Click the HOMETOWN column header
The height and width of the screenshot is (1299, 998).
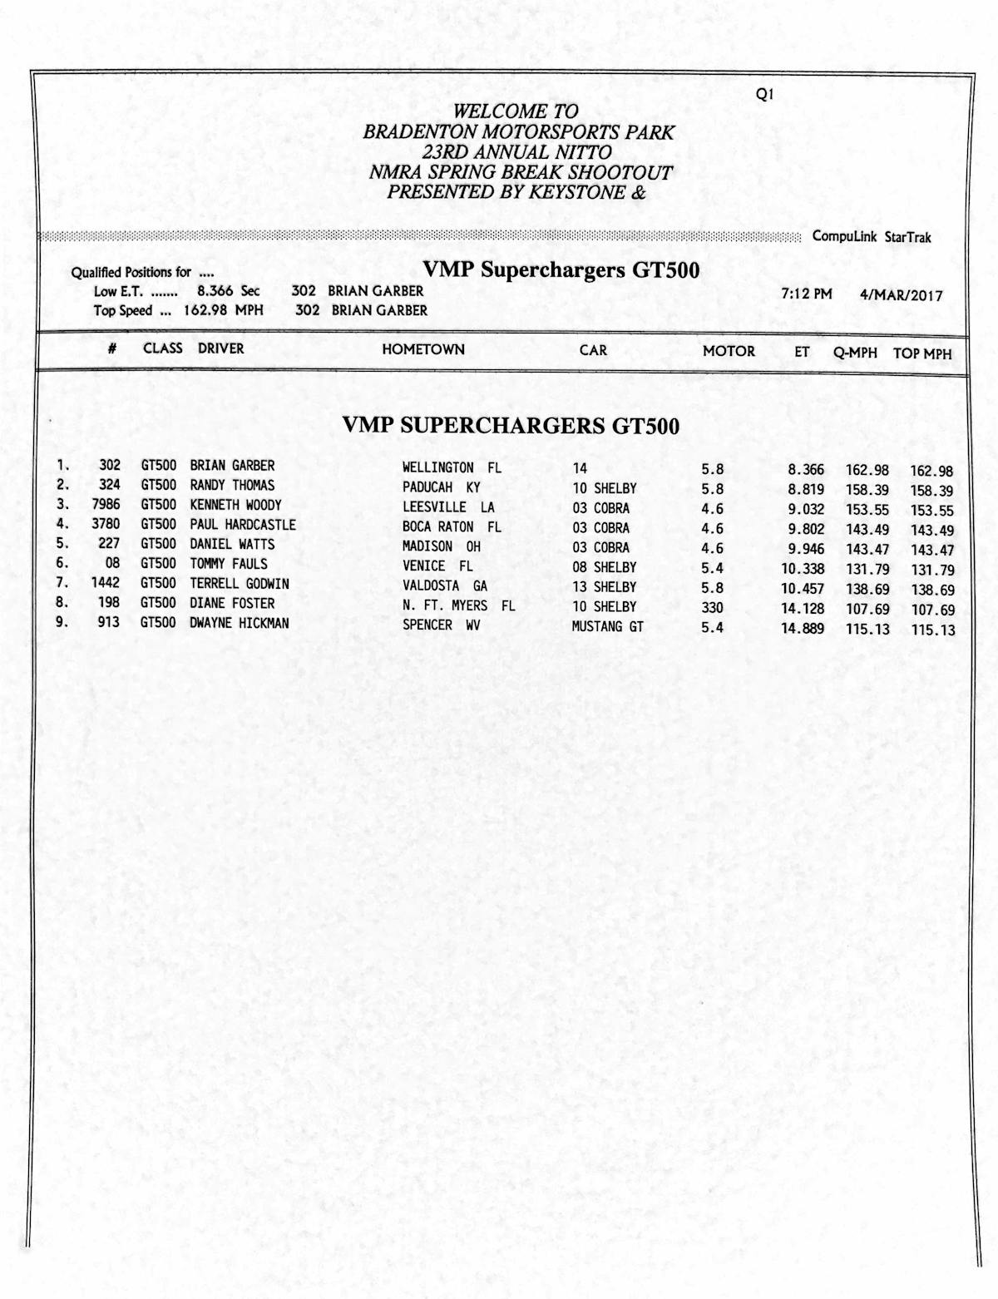422,349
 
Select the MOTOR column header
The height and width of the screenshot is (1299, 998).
729,351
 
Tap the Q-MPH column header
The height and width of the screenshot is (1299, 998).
855,353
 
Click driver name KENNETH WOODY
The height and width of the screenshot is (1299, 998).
235,505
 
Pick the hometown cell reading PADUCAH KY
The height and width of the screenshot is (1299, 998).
441,487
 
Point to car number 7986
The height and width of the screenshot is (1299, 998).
106,505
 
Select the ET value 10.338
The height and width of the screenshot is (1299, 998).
803,569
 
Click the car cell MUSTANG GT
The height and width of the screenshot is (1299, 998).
607,626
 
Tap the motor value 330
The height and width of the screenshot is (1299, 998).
712,608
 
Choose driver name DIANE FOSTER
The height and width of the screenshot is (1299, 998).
232,603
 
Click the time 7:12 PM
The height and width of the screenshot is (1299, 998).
807,294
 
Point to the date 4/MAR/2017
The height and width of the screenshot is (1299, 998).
902,295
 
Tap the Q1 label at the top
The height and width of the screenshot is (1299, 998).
764,95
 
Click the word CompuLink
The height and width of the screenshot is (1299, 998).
844,236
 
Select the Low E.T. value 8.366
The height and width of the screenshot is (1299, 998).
215,291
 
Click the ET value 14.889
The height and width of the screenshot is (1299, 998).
803,629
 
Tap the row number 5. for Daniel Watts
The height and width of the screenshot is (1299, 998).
62,544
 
